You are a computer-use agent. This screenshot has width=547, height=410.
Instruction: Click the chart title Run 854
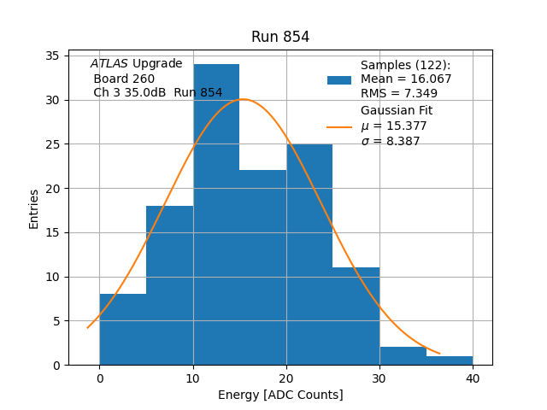pyautogui.click(x=280, y=37)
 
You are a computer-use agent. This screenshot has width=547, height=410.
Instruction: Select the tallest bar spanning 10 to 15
pyautogui.click(x=216, y=214)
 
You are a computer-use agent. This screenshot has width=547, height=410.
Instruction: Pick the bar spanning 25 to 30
pyautogui.click(x=356, y=316)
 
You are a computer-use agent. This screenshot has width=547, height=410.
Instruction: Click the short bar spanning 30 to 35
pyautogui.click(x=403, y=355)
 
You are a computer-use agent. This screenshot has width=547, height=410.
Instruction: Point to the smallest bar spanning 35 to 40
pyautogui.click(x=450, y=360)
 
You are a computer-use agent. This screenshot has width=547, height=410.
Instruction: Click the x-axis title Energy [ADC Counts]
pyautogui.click(x=280, y=395)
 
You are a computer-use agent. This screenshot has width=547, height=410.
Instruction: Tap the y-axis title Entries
pyautogui.click(x=34, y=208)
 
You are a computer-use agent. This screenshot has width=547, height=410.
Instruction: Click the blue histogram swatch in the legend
pyautogui.click(x=339, y=79)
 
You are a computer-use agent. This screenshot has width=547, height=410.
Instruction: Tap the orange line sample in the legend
pyautogui.click(x=339, y=126)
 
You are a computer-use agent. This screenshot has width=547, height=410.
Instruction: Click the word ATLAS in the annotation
pyautogui.click(x=109, y=64)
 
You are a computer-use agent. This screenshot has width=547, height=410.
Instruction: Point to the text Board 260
pyautogui.click(x=124, y=79)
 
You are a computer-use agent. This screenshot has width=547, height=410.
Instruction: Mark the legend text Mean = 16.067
pyautogui.click(x=406, y=79)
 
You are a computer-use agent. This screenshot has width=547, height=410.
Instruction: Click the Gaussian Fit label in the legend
pyautogui.click(x=397, y=111)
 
